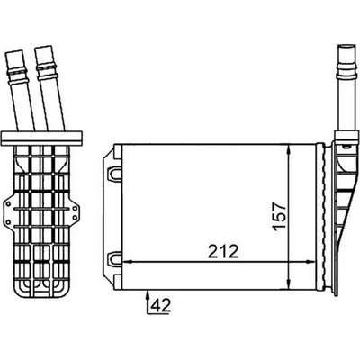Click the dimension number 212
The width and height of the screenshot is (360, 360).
[223, 251]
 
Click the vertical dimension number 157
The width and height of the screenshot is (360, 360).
[280, 216]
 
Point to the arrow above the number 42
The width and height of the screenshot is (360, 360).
[148, 303]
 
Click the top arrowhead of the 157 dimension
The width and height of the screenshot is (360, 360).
[289, 150]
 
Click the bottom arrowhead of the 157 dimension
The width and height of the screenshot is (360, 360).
[289, 284]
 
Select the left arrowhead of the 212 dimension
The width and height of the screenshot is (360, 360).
[129, 262]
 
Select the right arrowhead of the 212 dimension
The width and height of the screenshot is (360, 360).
[311, 262]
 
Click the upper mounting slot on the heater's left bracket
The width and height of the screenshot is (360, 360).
[114, 174]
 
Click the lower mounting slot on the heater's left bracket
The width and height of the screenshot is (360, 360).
[114, 259]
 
